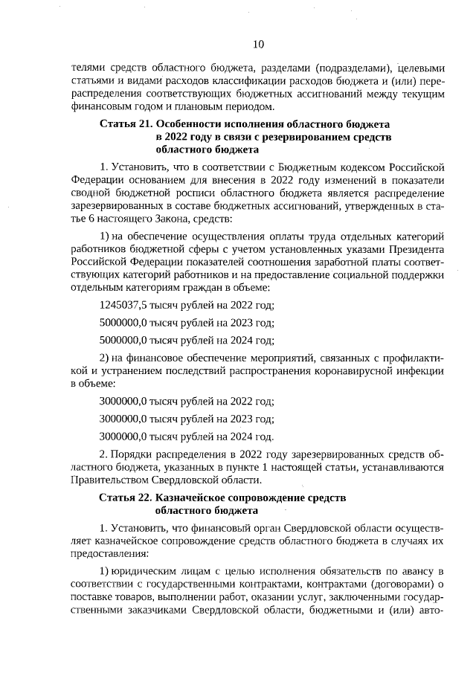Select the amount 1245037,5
click(123, 306)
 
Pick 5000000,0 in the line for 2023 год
click(123, 323)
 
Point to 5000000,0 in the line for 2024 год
click(123, 341)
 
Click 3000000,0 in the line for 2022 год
click(123, 402)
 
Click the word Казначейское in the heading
click(188, 497)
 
